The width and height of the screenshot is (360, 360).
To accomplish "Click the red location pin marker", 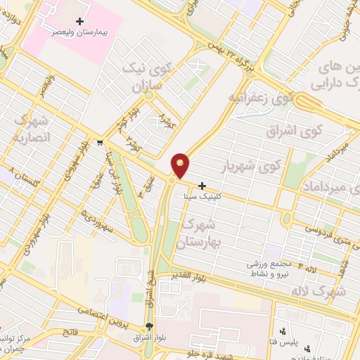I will pos(181,165).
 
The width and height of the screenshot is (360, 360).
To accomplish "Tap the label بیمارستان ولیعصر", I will pos(71,32).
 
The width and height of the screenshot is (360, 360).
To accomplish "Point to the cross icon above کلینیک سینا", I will pos(202,186).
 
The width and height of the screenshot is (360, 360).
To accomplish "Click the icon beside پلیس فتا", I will pos(282,330).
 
